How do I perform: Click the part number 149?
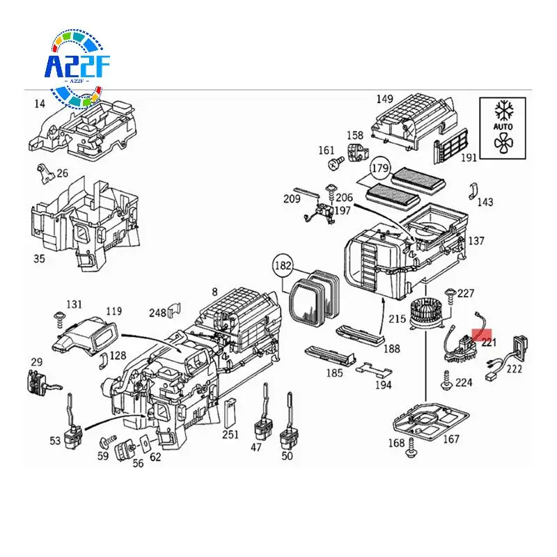tap(384, 99)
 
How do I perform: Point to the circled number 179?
tap(379, 168)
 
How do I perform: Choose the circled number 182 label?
tap(283, 266)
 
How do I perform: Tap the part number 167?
tap(451, 439)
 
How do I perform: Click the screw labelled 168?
tap(413, 451)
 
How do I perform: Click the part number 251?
tap(230, 434)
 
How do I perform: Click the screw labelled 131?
tap(59, 319)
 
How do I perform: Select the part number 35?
tap(39, 259)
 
